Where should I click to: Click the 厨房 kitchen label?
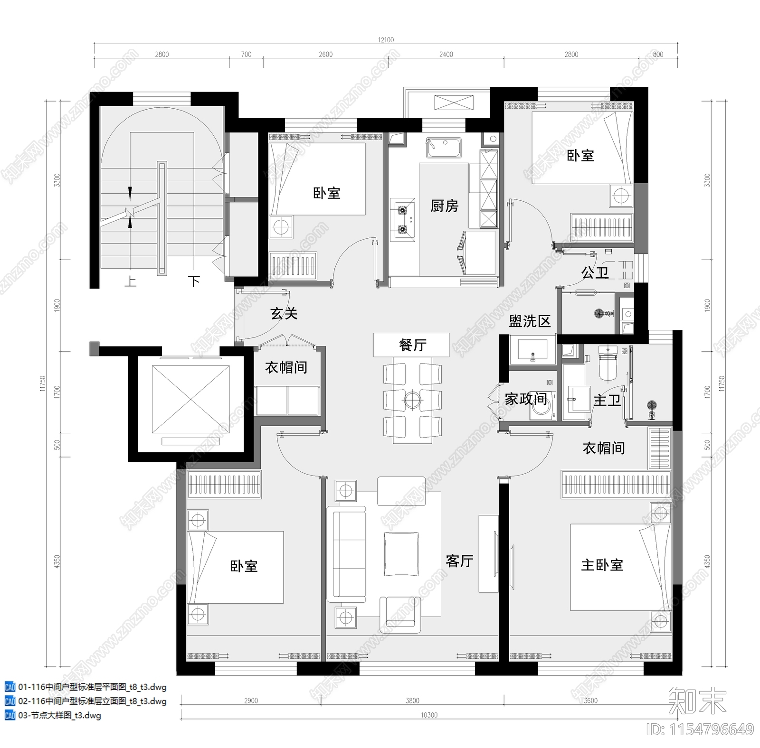click(x=444, y=206)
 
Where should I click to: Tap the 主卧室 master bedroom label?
click(x=602, y=565)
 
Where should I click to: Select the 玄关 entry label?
click(x=284, y=313)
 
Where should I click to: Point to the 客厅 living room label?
click(x=459, y=561)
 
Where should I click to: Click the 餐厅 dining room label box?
click(x=411, y=345)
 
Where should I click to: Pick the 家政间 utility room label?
click(x=525, y=399)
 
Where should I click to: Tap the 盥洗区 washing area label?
click(x=529, y=321)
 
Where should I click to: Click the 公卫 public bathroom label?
click(x=595, y=272)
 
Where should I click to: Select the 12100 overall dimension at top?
click(x=386, y=40)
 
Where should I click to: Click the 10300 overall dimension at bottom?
click(x=429, y=715)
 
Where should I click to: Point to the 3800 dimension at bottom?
click(x=412, y=701)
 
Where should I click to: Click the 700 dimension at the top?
click(x=246, y=54)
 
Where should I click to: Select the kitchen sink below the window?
click(x=444, y=148)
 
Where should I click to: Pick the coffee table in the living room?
click(x=401, y=554)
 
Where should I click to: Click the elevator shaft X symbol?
click(x=190, y=400)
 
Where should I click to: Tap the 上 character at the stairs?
click(x=130, y=281)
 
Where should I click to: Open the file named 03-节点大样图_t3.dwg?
click(x=59, y=715)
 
